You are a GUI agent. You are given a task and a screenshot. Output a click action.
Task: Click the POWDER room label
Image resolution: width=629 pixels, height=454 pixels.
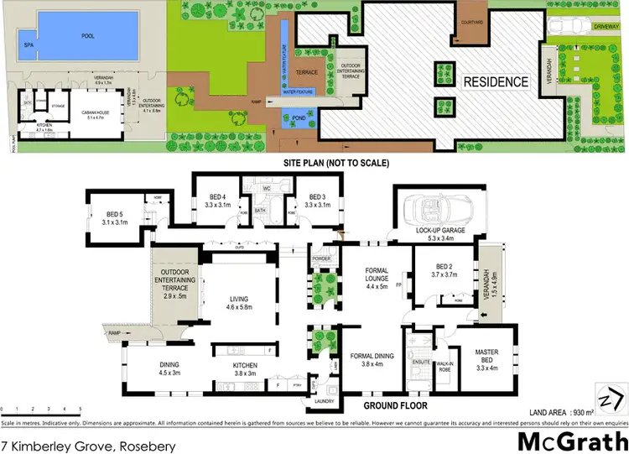[321, 258]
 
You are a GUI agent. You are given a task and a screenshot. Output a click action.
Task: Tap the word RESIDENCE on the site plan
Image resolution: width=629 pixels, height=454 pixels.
[497, 81]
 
